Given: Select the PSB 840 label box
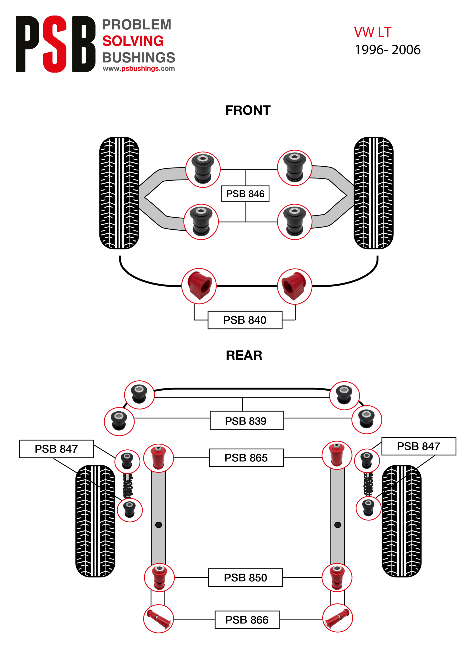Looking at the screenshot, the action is [245, 320].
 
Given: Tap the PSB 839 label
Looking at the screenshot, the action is [247, 421].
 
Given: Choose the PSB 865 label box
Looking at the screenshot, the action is [246, 458].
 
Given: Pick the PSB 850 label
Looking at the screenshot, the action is [245, 577].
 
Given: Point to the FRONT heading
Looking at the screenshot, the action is [248, 110].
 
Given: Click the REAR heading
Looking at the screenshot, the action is [244, 355].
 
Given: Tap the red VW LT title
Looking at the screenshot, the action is [373, 32].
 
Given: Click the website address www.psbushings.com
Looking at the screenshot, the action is [139, 69].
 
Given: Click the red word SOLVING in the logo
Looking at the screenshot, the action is [133, 41].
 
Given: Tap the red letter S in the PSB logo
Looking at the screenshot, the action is [55, 44].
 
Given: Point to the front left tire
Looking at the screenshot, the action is [119, 193].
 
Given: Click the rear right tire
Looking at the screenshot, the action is [402, 521].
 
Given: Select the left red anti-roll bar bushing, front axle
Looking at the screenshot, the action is [199, 286].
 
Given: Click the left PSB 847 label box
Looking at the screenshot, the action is [56, 449].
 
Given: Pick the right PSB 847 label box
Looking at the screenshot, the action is [419, 446].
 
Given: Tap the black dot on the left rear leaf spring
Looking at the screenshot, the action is [158, 525].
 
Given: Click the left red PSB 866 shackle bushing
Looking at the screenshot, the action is [158, 619].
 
